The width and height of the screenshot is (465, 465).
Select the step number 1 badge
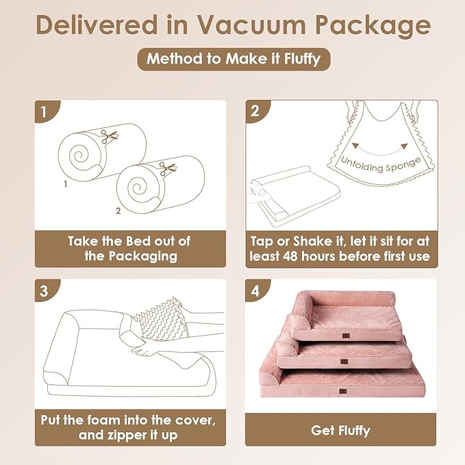(45, 112)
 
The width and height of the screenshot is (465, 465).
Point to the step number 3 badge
(45, 290)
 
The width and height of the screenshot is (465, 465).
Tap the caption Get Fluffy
(340, 431)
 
